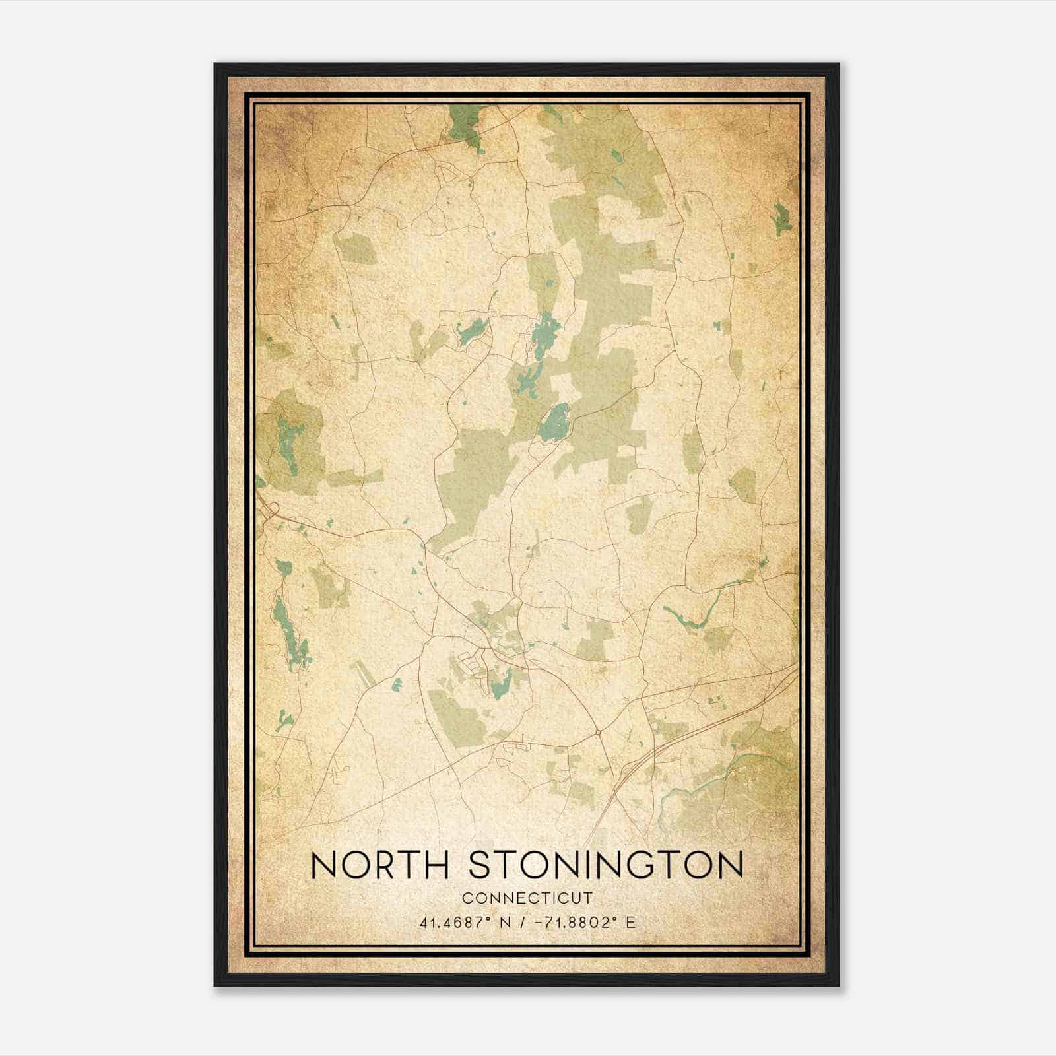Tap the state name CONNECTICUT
point(527,898)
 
